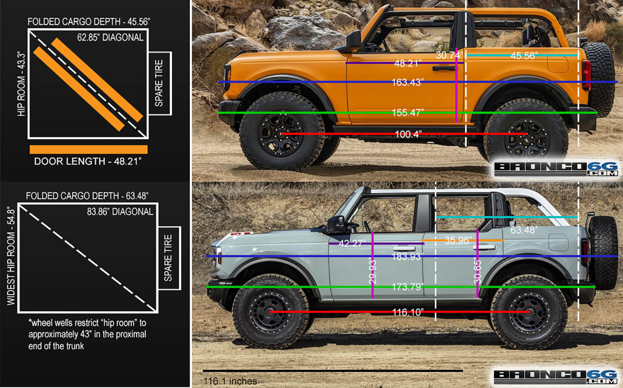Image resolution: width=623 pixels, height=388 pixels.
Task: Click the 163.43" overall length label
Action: pyautogui.click(x=407, y=82)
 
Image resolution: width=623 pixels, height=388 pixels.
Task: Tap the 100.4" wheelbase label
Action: pyautogui.click(x=408, y=134)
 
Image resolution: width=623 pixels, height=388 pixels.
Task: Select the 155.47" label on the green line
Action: pyautogui.click(x=408, y=113)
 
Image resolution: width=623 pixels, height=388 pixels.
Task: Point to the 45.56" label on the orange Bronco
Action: pyautogui.click(x=524, y=56)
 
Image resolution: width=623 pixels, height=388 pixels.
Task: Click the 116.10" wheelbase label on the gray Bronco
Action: pyautogui.click(x=408, y=312)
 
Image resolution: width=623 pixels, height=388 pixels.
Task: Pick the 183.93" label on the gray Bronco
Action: pyautogui.click(x=407, y=256)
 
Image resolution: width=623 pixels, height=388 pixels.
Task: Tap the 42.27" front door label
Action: pyautogui.click(x=352, y=243)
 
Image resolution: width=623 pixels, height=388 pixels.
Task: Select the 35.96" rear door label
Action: pyautogui.click(x=458, y=240)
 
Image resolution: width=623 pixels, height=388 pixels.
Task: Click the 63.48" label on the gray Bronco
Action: pyautogui.click(x=524, y=230)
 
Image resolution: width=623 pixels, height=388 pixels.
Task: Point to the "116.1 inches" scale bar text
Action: pyautogui.click(x=230, y=381)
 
